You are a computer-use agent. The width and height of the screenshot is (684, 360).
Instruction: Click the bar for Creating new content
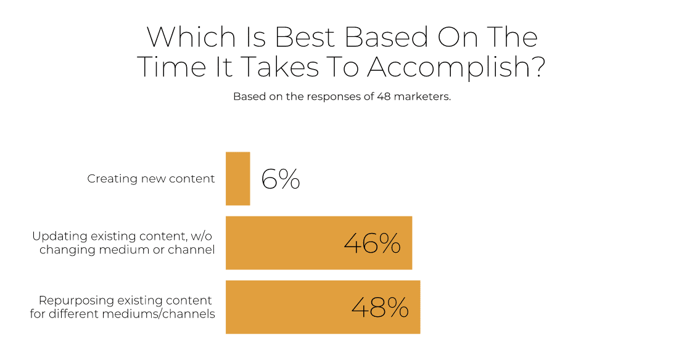point(237,178)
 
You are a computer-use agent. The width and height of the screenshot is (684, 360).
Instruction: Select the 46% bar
point(319,243)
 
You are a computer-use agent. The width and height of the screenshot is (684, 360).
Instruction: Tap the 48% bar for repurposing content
point(323,307)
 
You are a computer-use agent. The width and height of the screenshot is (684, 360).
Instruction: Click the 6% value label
point(281,179)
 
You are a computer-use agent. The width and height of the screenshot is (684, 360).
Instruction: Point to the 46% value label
point(372,243)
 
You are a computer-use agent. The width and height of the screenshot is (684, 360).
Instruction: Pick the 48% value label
point(380,308)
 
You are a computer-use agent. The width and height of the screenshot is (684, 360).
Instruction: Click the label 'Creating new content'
point(151,179)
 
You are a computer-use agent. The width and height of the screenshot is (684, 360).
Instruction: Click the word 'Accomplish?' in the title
point(456,67)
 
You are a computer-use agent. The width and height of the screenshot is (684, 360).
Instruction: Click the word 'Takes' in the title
point(279,67)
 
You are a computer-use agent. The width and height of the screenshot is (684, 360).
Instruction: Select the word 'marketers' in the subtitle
point(421,96)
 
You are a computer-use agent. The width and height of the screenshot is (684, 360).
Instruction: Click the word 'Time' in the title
point(171,67)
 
